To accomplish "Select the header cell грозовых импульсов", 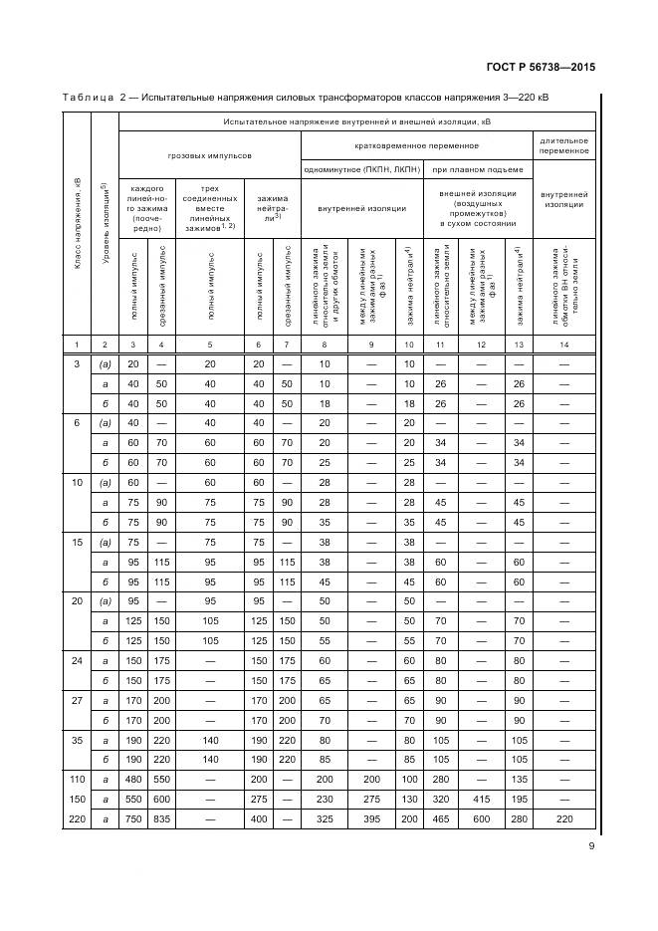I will point(209,156).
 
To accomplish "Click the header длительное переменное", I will point(564,145).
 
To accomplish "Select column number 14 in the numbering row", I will point(564,344).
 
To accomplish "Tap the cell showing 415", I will point(482,799).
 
